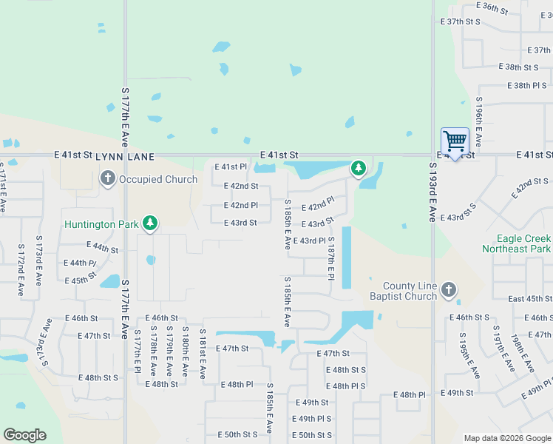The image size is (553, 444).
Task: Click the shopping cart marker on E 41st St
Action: (x=455, y=141)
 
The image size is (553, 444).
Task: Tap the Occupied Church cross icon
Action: (x=107, y=178)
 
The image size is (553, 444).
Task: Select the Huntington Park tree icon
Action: (x=150, y=223)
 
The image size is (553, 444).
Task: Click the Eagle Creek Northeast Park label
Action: (x=516, y=243)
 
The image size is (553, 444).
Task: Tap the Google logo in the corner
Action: (x=24, y=435)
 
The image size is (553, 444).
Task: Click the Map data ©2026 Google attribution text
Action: (x=507, y=438)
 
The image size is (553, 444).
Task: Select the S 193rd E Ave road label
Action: (x=432, y=193)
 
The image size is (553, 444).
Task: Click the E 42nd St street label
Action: (x=241, y=186)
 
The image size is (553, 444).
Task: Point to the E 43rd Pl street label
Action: (x=309, y=241)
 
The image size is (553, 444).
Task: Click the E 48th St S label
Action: (x=348, y=370)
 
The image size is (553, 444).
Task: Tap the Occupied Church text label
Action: (x=158, y=179)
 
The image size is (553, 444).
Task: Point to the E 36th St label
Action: (x=492, y=7)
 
